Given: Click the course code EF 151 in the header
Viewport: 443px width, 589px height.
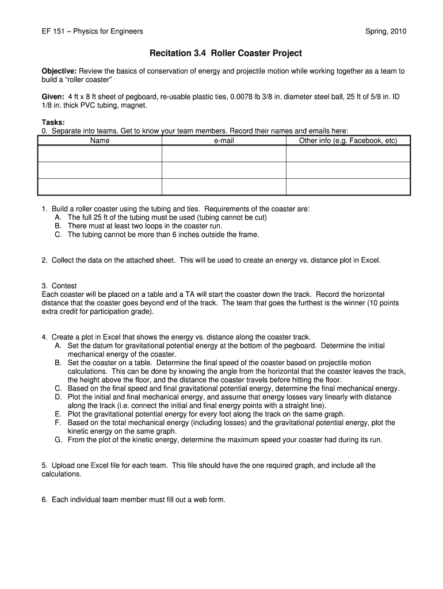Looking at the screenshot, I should point(54,31).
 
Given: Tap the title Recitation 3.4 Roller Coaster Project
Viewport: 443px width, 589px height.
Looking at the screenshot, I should point(225,53).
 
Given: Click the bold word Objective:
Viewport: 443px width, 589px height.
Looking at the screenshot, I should point(59,71).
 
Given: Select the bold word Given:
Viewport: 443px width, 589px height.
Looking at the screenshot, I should point(53,97).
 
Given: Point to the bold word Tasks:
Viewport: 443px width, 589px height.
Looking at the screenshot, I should point(53,123).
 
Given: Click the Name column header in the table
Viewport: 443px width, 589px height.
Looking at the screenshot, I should point(100,140).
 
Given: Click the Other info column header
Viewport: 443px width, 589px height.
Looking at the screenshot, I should point(347,140).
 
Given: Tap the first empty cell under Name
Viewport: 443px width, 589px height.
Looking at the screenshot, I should point(100,154).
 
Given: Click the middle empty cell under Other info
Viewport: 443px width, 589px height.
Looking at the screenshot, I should point(347,170).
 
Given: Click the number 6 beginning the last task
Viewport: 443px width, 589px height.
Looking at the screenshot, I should point(44,499).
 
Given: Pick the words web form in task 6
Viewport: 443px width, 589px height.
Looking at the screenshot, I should point(209,499).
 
